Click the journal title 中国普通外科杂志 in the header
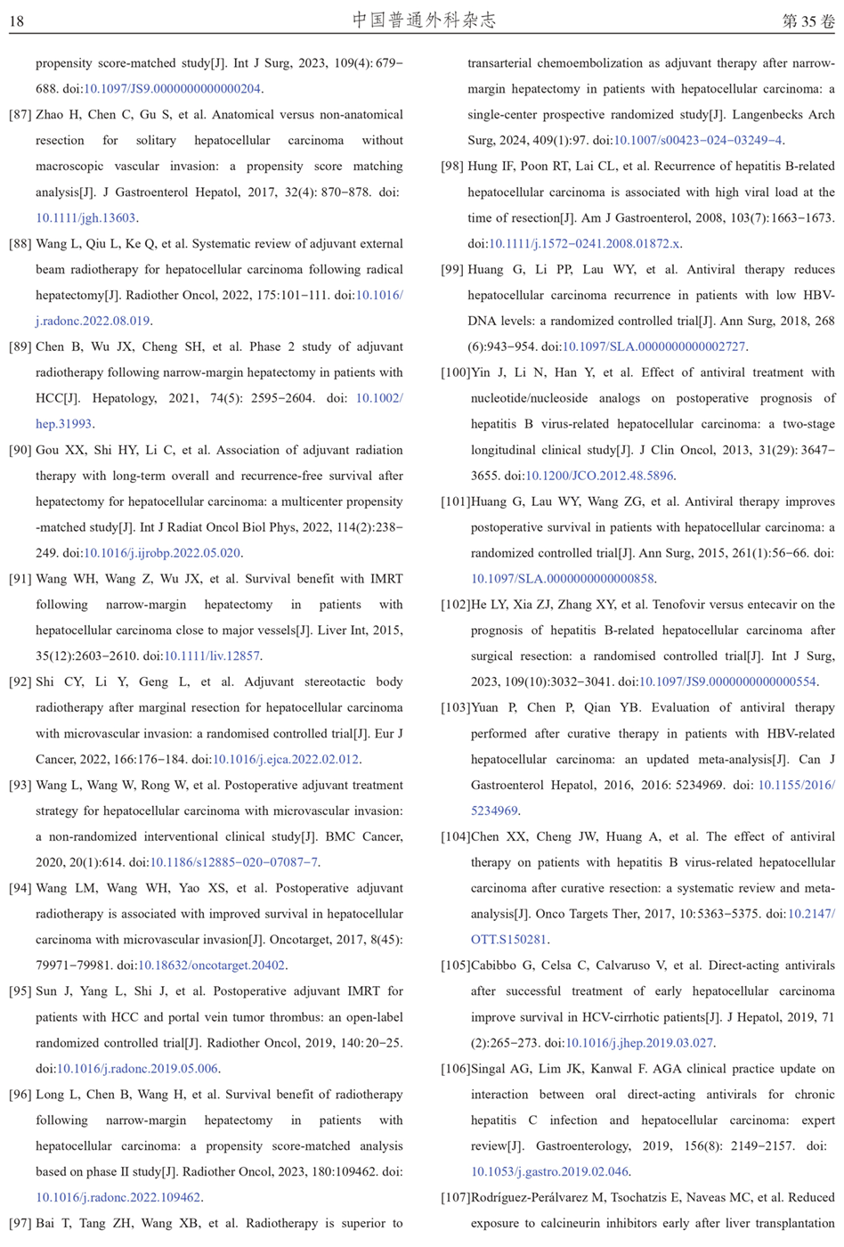tap(424, 20)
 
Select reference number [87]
tap(20, 115)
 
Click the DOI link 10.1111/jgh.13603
tap(85, 218)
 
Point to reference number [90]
tap(20, 451)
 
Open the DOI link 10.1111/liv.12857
tap(212, 656)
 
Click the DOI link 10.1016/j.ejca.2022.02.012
tap(286, 760)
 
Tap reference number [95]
tap(20, 991)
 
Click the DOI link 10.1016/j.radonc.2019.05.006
tap(137, 1069)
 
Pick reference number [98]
tap(452, 167)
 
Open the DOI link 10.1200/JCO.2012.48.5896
tap(599, 477)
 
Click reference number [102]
tap(456, 605)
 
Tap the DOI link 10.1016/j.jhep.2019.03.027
tap(639, 1043)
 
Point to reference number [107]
tap(456, 1198)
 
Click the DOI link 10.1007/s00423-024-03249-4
tap(698, 141)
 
